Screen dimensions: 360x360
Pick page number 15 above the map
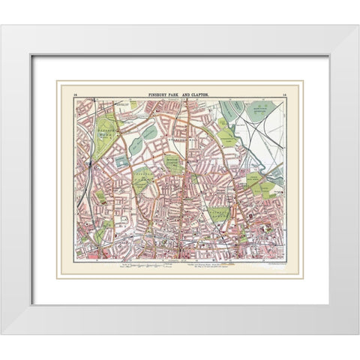283,94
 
